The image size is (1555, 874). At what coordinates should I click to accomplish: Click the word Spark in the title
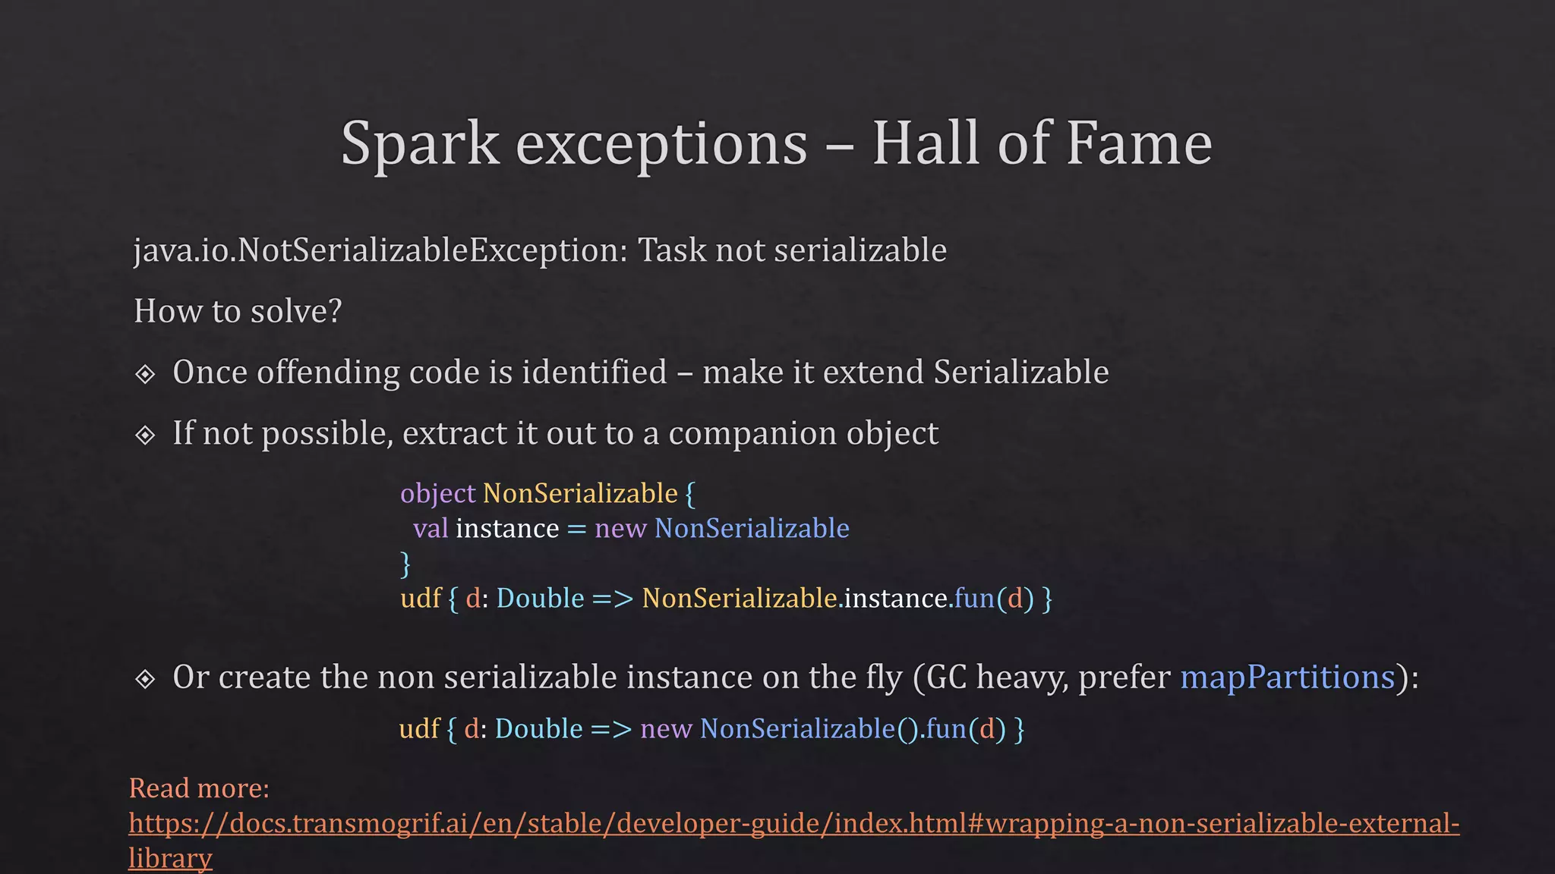(x=419, y=144)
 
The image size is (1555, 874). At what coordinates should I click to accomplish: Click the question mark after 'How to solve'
(x=336, y=311)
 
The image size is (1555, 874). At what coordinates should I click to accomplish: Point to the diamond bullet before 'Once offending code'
(x=145, y=374)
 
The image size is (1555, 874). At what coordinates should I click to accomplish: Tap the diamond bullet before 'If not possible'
(x=145, y=435)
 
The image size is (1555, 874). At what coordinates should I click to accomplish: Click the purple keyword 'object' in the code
(x=437, y=494)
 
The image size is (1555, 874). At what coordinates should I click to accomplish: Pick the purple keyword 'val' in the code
(x=431, y=528)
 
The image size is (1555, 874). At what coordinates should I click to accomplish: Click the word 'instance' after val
(x=506, y=528)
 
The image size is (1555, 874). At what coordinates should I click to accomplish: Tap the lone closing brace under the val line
(x=405, y=564)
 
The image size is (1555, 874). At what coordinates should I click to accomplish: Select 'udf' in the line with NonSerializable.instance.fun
(x=421, y=599)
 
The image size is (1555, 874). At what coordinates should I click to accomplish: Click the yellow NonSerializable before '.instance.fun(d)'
(x=739, y=599)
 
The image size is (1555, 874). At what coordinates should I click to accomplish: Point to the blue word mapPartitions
(x=1287, y=677)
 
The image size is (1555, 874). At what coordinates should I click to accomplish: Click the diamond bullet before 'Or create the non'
(x=145, y=679)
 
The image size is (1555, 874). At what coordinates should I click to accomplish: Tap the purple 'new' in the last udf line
(x=666, y=729)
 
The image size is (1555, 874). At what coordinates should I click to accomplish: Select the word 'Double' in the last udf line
(x=538, y=729)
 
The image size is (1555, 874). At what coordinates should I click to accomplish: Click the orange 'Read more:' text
(x=199, y=788)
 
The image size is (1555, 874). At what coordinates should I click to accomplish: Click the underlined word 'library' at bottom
(x=170, y=858)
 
